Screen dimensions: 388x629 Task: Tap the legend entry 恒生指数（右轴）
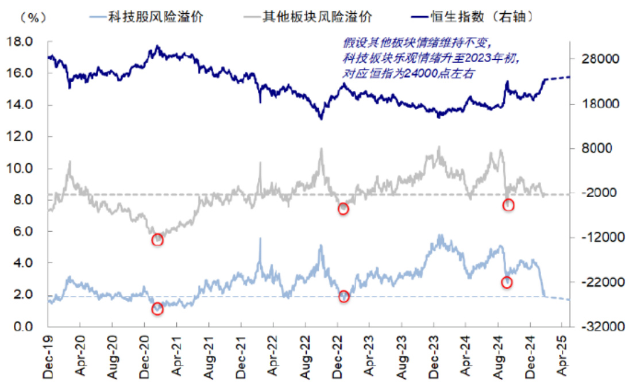click(x=482, y=17)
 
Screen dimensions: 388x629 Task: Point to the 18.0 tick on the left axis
click(x=21, y=42)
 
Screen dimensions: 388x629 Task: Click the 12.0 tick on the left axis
click(x=21, y=137)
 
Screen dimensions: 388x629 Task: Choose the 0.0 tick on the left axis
click(x=24, y=326)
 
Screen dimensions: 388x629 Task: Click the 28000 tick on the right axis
click(x=594, y=59)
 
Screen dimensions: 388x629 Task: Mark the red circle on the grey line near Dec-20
click(x=158, y=240)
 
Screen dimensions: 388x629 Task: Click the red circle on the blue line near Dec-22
click(x=344, y=297)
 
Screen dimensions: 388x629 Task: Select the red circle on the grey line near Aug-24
click(x=508, y=205)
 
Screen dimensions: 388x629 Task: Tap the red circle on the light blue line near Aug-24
click(x=507, y=282)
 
